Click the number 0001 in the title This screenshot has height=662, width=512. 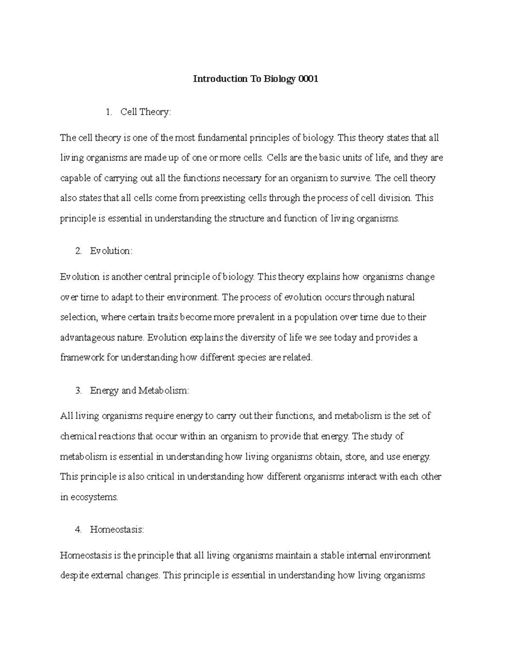pyautogui.click(x=308, y=79)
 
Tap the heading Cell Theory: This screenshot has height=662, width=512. pyautogui.click(x=145, y=112)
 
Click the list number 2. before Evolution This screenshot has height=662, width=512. pyautogui.click(x=78, y=251)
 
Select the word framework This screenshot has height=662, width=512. pyautogui.click(x=82, y=358)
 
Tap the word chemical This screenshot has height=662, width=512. pyautogui.click(x=78, y=437)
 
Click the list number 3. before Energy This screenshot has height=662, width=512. pyautogui.click(x=78, y=390)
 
